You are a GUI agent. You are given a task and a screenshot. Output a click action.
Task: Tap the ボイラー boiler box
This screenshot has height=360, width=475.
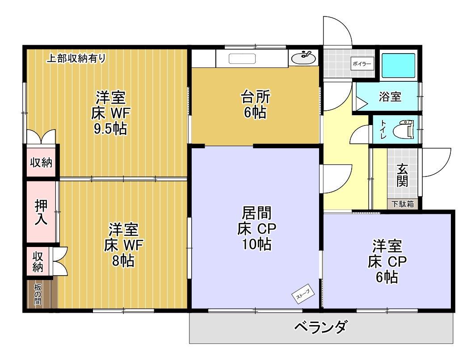point(362,64)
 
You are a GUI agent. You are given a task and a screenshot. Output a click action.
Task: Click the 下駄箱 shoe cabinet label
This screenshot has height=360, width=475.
point(403,205)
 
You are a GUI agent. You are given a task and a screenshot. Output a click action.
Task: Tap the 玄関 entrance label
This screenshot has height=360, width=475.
point(402,175)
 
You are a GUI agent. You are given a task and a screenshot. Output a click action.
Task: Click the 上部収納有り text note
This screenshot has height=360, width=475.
point(77,58)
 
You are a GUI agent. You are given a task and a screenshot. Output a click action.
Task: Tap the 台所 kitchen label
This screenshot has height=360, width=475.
point(255,96)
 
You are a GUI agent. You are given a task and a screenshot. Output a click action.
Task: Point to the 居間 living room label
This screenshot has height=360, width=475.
point(256,213)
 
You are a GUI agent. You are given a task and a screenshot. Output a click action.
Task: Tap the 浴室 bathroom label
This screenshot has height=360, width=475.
point(389,97)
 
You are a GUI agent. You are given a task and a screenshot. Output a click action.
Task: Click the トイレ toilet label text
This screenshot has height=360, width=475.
point(383,129)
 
